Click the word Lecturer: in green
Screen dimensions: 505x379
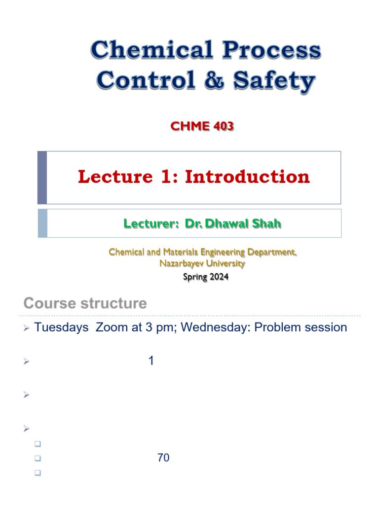[x=151, y=224]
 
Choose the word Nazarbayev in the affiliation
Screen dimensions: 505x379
[x=178, y=264]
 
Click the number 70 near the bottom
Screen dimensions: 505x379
[x=163, y=458]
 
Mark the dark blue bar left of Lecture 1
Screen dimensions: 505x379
[x=42, y=178]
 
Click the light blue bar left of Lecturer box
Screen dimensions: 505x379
[x=42, y=223]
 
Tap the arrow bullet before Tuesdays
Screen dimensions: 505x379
[x=27, y=328]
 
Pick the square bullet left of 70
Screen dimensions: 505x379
[x=37, y=459]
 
